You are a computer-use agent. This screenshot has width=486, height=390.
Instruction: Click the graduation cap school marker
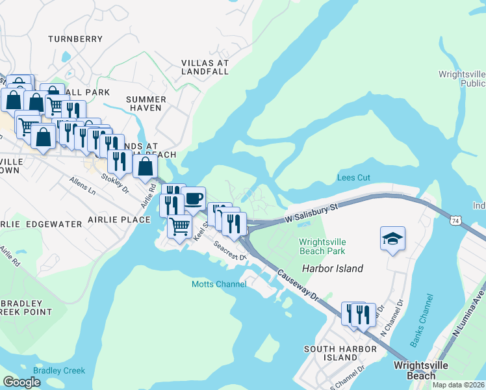(393, 239)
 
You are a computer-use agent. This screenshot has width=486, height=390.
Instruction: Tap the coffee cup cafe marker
(193, 198)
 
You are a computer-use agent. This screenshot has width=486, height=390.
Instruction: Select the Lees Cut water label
(354, 177)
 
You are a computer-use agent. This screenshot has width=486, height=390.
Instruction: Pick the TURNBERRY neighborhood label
(75, 39)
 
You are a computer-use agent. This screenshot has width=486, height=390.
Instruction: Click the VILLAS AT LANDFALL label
(205, 67)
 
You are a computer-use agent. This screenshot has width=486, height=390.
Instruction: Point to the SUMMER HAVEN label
(146, 103)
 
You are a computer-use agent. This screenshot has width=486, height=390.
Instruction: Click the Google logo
(22, 382)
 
